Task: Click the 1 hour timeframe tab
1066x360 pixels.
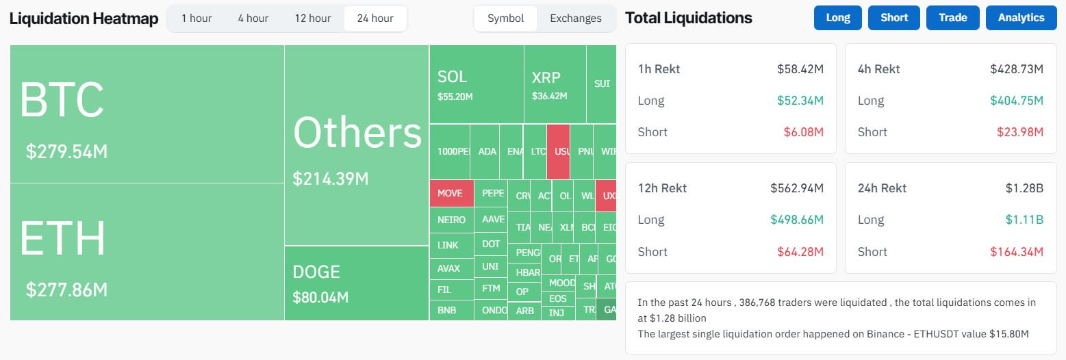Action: click(196, 18)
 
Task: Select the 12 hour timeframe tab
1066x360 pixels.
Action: click(312, 18)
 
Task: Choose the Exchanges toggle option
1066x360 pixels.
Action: click(575, 18)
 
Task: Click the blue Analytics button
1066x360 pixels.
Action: click(1021, 18)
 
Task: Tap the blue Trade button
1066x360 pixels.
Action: click(952, 18)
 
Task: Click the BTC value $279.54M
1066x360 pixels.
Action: click(66, 152)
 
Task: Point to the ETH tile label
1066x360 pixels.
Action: click(62, 239)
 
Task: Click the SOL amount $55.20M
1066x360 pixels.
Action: click(455, 97)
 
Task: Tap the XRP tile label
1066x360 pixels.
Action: click(546, 77)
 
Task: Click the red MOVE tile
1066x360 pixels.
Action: click(450, 194)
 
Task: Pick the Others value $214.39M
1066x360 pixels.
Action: click(331, 179)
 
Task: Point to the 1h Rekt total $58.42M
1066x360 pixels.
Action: click(800, 69)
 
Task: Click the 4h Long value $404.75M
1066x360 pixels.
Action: click(1016, 101)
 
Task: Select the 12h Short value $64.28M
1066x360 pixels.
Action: click(800, 252)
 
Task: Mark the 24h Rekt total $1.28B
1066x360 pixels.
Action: click(1024, 188)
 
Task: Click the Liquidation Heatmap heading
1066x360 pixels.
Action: click(84, 18)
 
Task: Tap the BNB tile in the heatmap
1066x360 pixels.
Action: click(447, 311)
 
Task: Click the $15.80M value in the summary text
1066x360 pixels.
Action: click(1008, 333)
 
